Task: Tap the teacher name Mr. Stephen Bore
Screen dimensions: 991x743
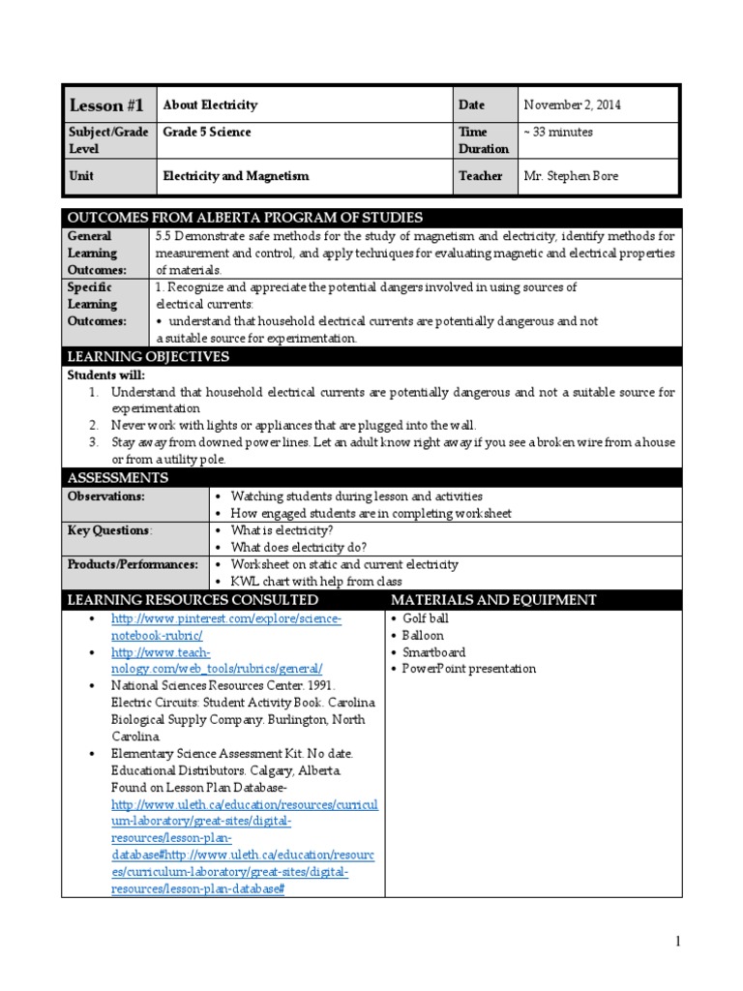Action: coord(570,176)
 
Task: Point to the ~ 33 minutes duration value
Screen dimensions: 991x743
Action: coord(558,133)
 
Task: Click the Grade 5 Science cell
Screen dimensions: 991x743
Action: coord(206,133)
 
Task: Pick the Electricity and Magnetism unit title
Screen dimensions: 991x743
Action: coord(236,176)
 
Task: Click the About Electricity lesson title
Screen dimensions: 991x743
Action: coord(210,105)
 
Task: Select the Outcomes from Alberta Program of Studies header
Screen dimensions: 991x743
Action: coord(244,217)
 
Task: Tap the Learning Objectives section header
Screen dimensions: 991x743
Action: coord(148,357)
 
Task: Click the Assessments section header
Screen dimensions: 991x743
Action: coord(117,478)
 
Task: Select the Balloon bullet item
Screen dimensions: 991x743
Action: coord(423,636)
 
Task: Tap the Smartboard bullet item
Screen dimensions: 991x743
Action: coord(433,652)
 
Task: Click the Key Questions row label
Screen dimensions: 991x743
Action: coord(108,530)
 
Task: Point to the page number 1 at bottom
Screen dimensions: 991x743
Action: coord(678,942)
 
